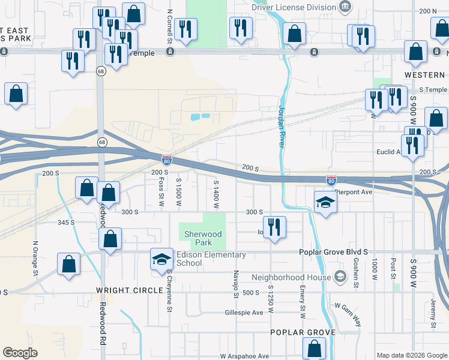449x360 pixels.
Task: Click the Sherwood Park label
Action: point(203,238)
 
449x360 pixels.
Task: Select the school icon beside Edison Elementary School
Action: point(161,259)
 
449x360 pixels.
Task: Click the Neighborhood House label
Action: point(291,277)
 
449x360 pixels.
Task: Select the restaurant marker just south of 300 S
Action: point(274,227)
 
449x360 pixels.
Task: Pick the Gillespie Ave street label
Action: point(244,313)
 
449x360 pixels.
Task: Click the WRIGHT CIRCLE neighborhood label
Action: point(129,290)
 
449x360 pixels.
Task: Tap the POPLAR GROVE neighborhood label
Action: point(301,332)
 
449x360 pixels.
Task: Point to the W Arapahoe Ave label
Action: point(244,356)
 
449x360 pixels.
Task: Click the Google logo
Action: point(20,353)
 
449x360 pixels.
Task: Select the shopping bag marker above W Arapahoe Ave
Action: point(314,348)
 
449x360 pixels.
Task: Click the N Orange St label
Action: point(35,258)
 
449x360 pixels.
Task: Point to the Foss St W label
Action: point(161,193)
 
